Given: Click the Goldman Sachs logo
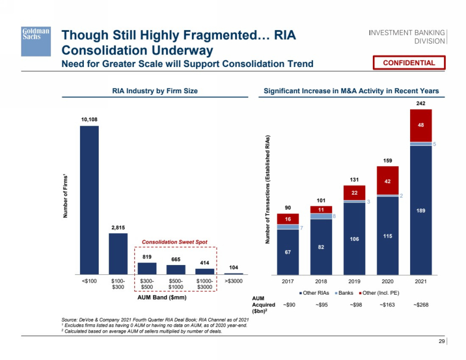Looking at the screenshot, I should (36, 41).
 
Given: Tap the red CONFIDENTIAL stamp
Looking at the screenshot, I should (409, 63).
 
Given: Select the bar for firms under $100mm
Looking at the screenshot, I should (89, 200).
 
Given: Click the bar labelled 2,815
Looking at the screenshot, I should (118, 254).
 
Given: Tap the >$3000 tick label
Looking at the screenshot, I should (234, 281).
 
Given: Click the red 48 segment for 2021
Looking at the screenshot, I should (420, 125).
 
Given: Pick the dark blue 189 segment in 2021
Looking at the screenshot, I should (420, 210).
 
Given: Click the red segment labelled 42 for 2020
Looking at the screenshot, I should (388, 180).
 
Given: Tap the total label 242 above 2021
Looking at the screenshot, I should (420, 103).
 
